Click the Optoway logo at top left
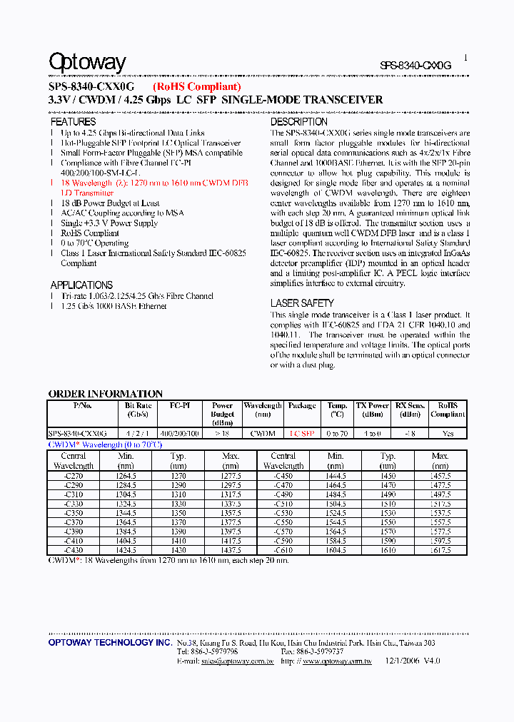point(87,63)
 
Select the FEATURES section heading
point(73,122)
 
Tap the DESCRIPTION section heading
point(298,122)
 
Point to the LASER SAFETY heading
point(302,303)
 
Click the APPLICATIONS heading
point(81,285)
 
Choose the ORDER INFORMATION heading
point(105,394)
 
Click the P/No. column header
point(83,405)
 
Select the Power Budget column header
point(223,410)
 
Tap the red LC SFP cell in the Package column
point(301,433)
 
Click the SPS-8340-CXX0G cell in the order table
point(77,433)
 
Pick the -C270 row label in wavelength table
point(74,475)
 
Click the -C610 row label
point(283,550)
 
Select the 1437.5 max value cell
point(231,550)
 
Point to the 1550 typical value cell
point(388,513)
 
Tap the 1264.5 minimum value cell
point(126,475)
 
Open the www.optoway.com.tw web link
point(337,661)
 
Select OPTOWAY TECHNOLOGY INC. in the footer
point(110,643)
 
